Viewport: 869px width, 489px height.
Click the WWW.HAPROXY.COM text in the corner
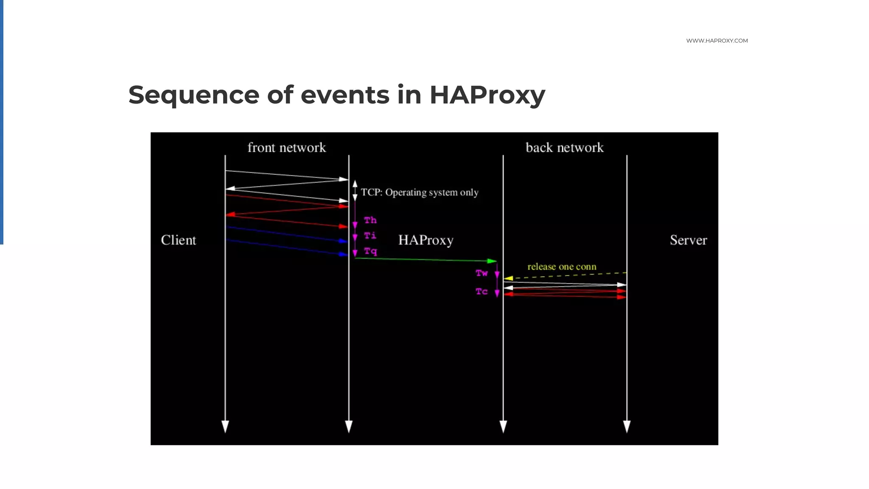click(x=717, y=41)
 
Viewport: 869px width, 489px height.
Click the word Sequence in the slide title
click(x=193, y=95)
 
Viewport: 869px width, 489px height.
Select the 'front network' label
click(x=286, y=148)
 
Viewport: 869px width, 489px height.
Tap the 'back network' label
click(x=564, y=148)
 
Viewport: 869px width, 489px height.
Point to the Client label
click(x=178, y=240)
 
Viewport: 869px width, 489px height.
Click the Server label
click(x=688, y=240)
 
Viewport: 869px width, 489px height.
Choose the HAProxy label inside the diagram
click(x=426, y=240)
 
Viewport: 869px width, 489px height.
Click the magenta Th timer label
click(x=370, y=220)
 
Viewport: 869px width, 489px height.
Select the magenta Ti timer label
click(x=370, y=236)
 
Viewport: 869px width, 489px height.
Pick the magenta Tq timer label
click(x=370, y=251)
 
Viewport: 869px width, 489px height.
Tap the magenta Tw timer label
click(x=482, y=273)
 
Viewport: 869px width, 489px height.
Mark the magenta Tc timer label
click(x=482, y=292)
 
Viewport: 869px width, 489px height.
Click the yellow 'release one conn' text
click(x=562, y=267)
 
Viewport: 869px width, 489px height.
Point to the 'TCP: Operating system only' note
click(x=419, y=193)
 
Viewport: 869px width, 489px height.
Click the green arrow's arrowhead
click(x=492, y=261)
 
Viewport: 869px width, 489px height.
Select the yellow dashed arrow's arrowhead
click(x=508, y=278)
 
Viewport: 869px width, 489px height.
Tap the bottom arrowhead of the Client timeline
click(x=225, y=426)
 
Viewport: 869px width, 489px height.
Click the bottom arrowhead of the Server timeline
click(x=627, y=426)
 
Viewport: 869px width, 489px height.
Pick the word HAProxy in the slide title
click(x=487, y=95)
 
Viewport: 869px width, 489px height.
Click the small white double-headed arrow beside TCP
click(x=355, y=191)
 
